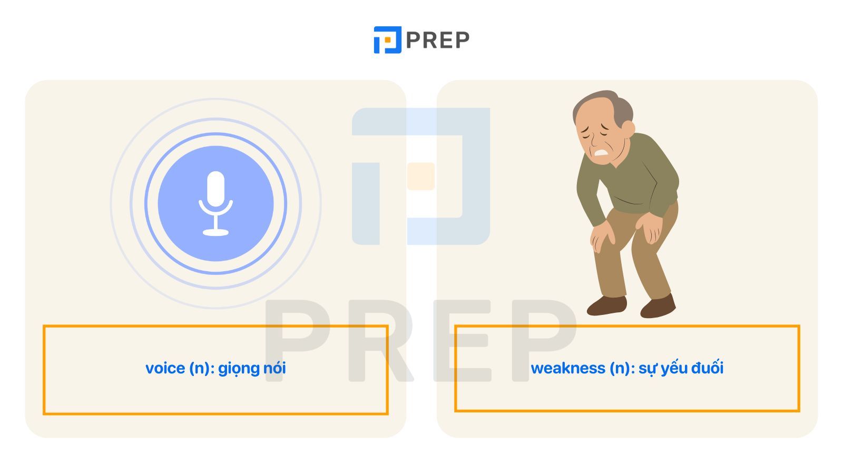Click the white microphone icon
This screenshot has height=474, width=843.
(215, 203)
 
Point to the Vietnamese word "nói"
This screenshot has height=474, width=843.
(275, 368)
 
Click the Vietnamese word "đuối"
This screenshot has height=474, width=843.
(708, 367)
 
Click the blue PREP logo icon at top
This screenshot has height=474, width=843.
(387, 40)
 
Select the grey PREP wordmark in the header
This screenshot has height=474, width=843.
(438, 40)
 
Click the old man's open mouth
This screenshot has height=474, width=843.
(601, 153)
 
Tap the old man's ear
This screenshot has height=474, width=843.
(628, 129)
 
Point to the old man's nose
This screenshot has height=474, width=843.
(591, 142)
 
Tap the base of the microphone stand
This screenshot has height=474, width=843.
(215, 232)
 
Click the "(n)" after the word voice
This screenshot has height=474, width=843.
(199, 368)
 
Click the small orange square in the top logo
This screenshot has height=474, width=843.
(387, 39)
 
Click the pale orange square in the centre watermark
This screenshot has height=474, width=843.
(421, 176)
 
